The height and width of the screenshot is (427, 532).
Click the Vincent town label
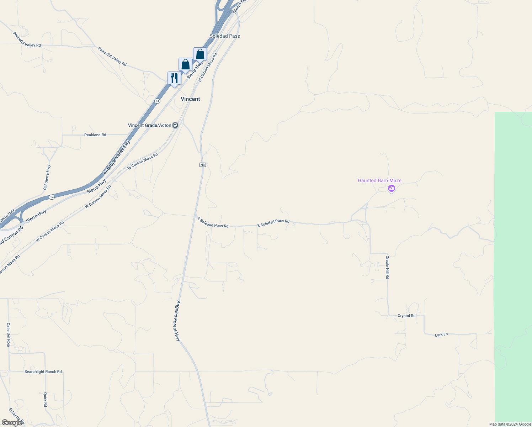190,99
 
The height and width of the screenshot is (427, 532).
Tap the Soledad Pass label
225,36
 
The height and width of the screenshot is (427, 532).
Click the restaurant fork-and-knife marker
174,78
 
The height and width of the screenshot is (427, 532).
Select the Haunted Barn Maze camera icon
392,188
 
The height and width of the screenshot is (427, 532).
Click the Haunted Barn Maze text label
379,180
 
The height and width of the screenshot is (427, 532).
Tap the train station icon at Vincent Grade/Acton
175,125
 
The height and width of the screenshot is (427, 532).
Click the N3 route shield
202,165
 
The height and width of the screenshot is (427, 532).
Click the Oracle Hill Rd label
388,267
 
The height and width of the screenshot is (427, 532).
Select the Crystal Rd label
406,316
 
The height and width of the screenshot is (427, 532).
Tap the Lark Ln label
441,334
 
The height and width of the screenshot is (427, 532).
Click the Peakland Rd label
95,135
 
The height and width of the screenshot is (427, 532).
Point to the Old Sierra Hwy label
47,177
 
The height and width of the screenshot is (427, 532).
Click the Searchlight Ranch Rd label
43,371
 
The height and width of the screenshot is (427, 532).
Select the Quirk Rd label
46,400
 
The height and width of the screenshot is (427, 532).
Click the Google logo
12,422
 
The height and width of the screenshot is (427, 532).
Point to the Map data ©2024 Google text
510,424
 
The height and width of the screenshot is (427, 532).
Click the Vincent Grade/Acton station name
150,125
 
